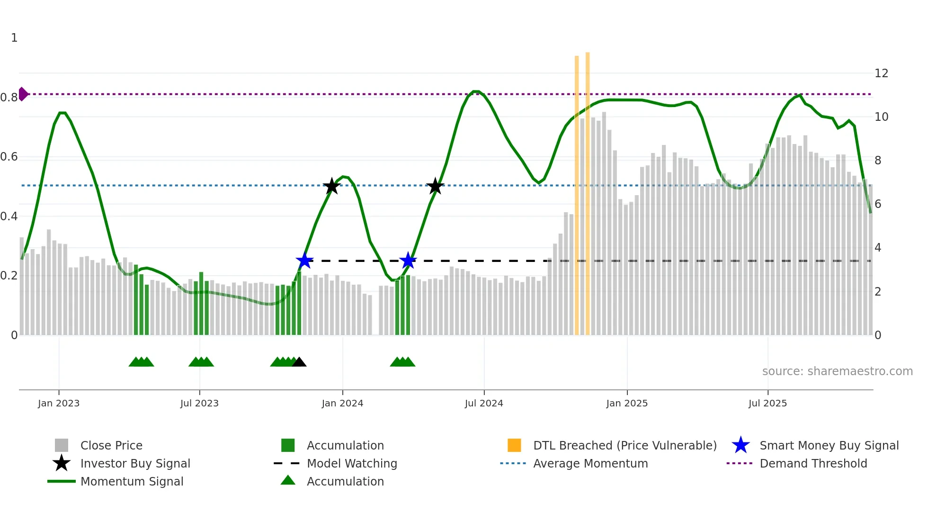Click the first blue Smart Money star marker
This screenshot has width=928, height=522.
point(304,261)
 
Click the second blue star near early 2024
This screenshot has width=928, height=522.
point(408,261)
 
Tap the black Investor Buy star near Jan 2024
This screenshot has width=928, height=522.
point(332,186)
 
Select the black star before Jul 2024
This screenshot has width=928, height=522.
point(435,186)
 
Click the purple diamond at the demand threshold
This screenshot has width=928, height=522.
point(22,94)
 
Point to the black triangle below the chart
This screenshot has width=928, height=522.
point(299,362)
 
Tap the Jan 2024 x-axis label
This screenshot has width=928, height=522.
point(342,404)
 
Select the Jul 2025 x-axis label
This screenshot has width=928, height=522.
point(767,404)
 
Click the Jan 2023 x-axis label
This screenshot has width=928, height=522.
point(59,404)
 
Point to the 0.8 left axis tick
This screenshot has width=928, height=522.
point(9,98)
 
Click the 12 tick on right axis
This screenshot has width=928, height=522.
point(881,73)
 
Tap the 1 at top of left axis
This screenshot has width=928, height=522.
point(14,38)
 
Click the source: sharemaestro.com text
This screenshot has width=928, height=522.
point(837,371)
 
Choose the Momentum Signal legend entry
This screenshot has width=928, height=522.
point(132,482)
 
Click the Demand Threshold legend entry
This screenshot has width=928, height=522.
point(813,464)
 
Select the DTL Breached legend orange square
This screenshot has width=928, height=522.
point(514,445)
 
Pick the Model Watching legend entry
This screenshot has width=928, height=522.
point(352,464)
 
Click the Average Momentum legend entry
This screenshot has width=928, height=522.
point(590,464)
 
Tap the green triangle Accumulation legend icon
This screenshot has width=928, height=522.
point(288,481)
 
